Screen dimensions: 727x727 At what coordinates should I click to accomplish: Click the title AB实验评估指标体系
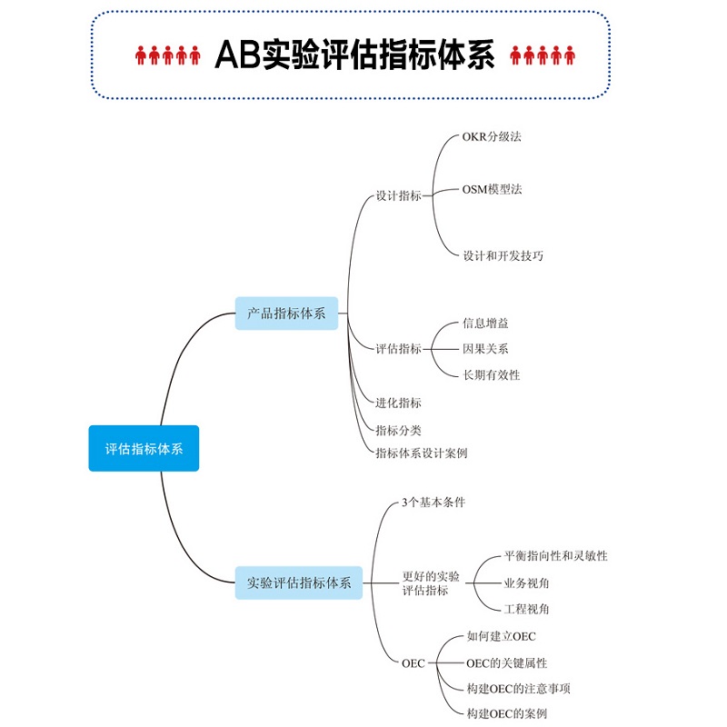(x=354, y=55)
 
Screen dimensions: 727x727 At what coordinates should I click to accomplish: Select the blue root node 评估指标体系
(x=144, y=448)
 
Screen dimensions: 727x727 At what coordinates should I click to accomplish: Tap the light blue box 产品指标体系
(x=286, y=314)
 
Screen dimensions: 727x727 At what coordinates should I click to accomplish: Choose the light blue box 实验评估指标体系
(x=299, y=583)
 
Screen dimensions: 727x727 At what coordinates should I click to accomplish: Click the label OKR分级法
(x=492, y=137)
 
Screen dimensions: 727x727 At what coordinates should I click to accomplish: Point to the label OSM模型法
(x=492, y=189)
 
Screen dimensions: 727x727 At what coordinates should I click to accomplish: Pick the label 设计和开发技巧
(x=503, y=255)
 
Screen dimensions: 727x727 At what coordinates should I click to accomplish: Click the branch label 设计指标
(x=398, y=195)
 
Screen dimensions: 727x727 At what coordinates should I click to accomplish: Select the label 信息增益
(x=485, y=324)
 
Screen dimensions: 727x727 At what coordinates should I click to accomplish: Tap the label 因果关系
(x=485, y=349)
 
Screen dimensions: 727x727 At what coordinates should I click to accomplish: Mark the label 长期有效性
(x=492, y=374)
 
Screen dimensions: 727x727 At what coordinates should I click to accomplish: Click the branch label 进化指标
(x=398, y=403)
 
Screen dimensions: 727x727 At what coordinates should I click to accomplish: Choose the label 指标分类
(x=398, y=430)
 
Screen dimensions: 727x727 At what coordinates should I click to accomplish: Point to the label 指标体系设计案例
(x=422, y=453)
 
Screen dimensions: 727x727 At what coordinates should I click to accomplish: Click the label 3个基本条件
(x=433, y=503)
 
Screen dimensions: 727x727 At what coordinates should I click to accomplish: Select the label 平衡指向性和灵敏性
(x=555, y=555)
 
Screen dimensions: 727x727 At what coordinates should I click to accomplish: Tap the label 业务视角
(x=526, y=583)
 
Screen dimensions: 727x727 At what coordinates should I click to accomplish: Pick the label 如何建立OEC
(x=502, y=636)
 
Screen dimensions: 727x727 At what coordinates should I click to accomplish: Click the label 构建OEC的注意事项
(x=518, y=689)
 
